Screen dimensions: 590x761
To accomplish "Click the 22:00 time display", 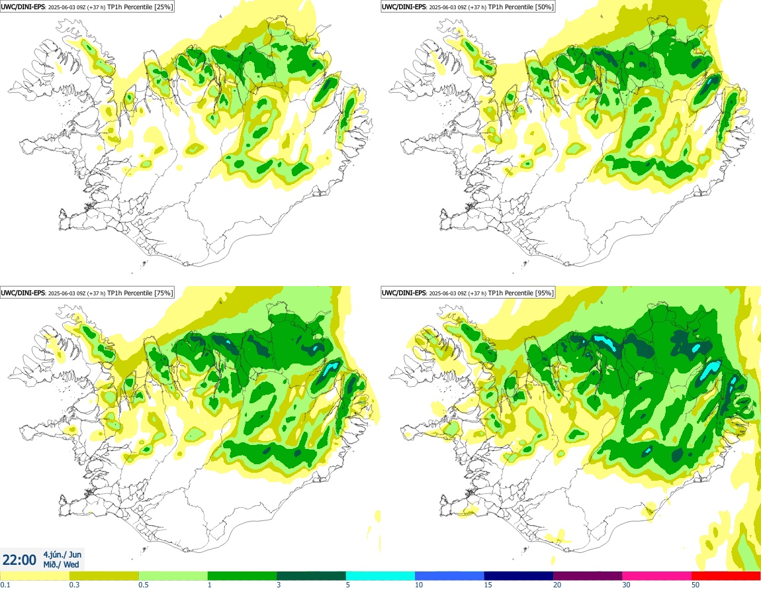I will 20,560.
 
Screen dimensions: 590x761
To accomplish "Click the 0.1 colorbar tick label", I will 5,584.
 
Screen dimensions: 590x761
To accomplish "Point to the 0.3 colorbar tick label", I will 74,584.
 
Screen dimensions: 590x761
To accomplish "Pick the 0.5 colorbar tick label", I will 144,584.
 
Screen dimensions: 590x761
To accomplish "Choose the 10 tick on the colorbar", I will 420,584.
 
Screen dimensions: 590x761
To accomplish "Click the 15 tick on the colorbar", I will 488,584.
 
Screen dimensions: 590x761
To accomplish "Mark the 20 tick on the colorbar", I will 557,584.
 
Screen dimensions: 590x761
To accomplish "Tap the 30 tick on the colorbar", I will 627,584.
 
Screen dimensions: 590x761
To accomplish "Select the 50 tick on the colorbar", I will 695,584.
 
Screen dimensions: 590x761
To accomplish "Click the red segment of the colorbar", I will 726,575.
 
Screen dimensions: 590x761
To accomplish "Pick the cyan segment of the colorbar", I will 380,575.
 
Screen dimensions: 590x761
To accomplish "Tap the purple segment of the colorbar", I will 588,575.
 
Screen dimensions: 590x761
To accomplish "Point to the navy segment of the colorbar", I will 519,575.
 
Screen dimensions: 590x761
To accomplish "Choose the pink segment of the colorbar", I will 657,575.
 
